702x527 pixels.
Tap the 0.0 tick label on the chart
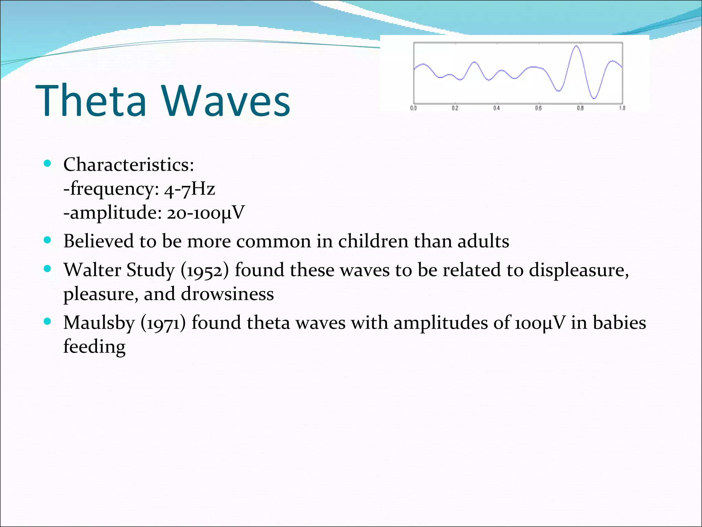click(413, 108)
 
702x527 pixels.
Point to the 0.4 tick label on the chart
click(497, 108)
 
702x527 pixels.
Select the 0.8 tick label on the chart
click(580, 108)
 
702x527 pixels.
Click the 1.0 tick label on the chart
click(622, 108)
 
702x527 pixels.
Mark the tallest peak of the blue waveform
click(577, 46)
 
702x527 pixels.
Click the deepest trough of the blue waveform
click(594, 98)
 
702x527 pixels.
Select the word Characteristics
click(129, 165)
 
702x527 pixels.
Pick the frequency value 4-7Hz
click(190, 189)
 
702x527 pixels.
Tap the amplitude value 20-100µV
click(206, 213)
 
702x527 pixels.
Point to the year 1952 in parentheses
click(205, 270)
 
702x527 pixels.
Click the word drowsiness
click(227, 294)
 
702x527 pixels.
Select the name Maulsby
click(99, 323)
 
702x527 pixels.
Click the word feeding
click(94, 347)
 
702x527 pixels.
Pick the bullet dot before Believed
click(48, 240)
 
